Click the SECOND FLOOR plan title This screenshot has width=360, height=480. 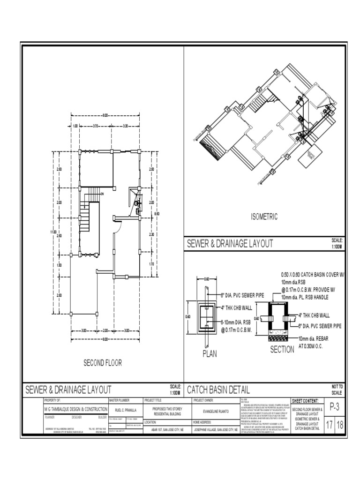pos(103,362)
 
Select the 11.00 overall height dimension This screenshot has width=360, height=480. pos(53,232)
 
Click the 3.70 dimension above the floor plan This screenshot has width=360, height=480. pos(95,126)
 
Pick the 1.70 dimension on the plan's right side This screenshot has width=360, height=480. pos(151,264)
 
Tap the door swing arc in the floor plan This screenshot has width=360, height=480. pos(119,227)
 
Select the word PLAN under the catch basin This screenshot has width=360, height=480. pos(210,354)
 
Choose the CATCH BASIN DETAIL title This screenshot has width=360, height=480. pos(218,390)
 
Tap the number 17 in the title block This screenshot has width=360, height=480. pos(330,425)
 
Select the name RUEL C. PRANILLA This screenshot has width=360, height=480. pos(122,410)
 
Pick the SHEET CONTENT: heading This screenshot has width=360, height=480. pos(305,401)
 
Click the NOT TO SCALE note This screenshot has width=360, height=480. pos(337,389)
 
